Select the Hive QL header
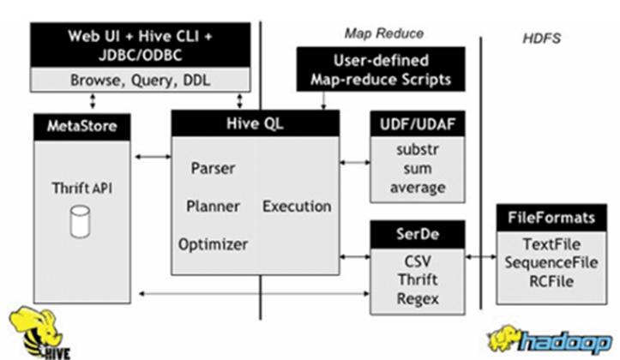click(x=256, y=123)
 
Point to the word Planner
click(x=213, y=206)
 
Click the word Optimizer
click(x=214, y=244)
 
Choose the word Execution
click(x=297, y=206)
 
